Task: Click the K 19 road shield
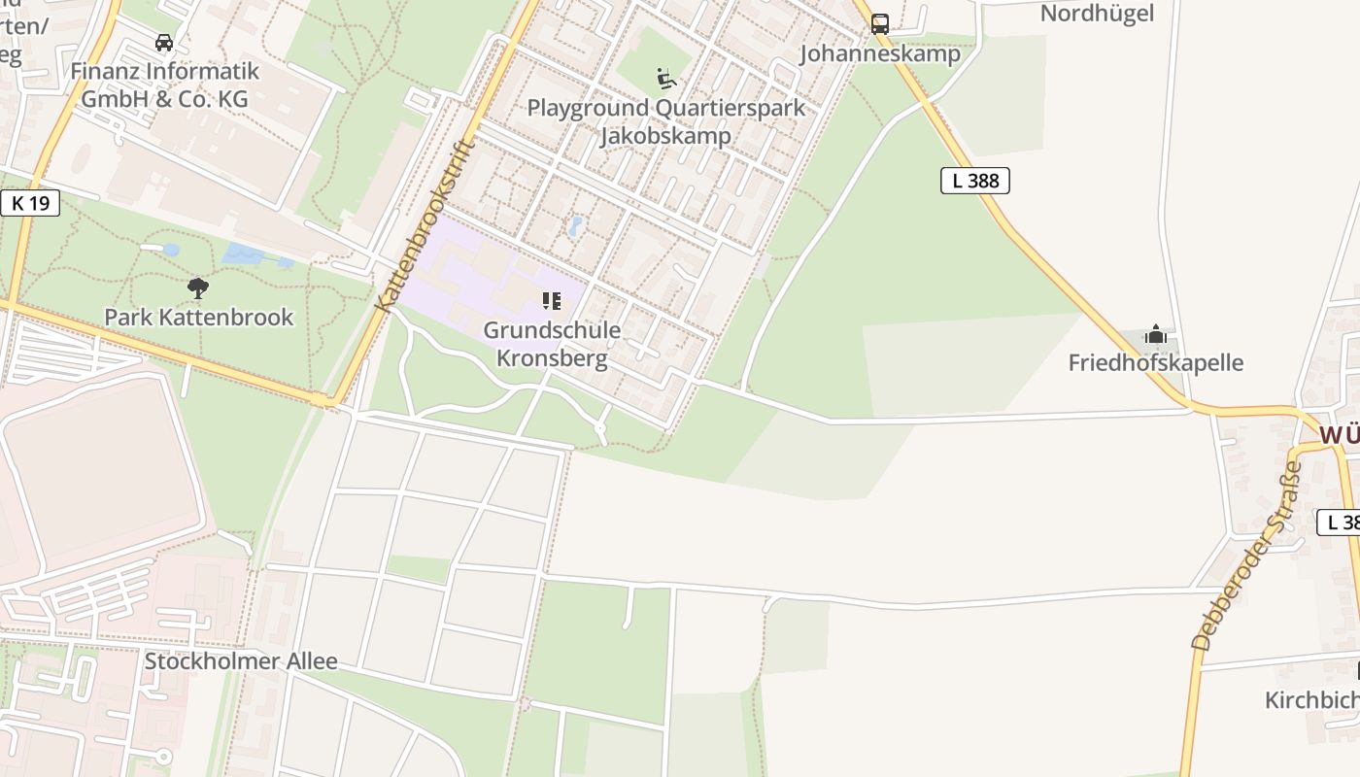30,203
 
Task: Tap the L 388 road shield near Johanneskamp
975,180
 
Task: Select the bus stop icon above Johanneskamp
880,24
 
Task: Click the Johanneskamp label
879,53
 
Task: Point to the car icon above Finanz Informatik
164,43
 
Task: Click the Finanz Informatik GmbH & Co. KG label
164,84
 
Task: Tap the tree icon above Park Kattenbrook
198,287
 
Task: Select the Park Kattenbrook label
198,317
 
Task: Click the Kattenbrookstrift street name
424,226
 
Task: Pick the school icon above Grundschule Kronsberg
552,301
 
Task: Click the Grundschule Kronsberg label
552,344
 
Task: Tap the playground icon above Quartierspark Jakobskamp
666,79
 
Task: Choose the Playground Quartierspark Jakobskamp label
666,120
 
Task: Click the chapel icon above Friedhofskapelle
1155,335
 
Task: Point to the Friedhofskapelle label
1155,363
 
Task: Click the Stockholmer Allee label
241,661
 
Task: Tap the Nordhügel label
1097,14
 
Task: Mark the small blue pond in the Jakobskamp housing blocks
575,227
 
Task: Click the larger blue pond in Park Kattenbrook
242,254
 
